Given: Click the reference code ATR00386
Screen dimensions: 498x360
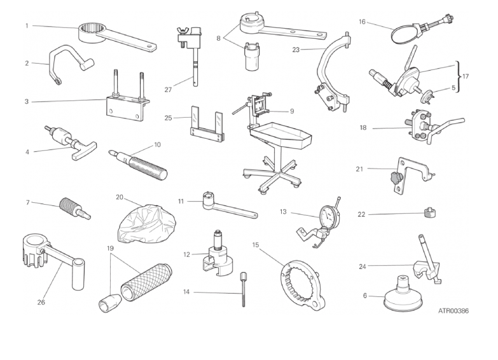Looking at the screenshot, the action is click(453, 311).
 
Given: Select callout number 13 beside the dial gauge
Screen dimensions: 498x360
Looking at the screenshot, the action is click(283, 212).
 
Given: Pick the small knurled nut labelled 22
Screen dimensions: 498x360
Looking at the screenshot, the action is click(430, 212).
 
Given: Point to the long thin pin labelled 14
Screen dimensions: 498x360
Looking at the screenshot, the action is click(244, 289).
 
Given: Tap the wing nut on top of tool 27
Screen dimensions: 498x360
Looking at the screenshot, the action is click(184, 31).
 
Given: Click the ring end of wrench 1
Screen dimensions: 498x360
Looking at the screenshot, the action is click(90, 32).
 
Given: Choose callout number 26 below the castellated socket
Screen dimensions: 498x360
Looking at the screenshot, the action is click(41, 302).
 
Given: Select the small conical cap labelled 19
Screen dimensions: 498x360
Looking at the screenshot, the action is click(109, 303).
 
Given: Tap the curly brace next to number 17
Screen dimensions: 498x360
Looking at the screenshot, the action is click(458, 76).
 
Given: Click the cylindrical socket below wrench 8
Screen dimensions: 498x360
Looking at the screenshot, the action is click(252, 58).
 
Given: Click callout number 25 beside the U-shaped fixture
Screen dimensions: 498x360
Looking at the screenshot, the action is click(168, 118).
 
